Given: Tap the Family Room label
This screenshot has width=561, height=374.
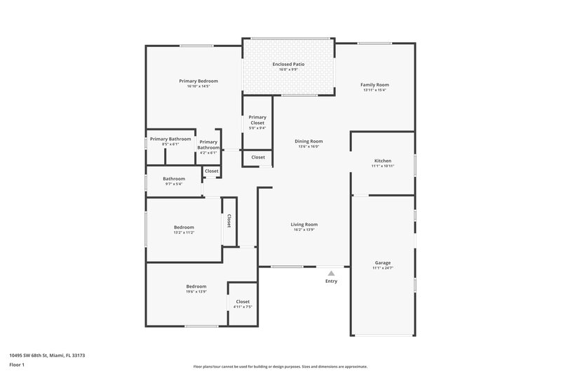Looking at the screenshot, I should (x=376, y=85).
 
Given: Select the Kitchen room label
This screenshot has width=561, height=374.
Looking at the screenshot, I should (x=382, y=161).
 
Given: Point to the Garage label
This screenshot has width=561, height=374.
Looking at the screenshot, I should (x=382, y=263).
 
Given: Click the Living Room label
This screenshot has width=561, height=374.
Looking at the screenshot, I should (x=304, y=225).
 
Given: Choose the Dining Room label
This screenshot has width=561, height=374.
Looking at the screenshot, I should (x=309, y=141).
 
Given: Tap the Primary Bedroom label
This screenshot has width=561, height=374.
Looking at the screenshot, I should (x=198, y=81).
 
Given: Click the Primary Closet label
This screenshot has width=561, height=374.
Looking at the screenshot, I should (x=257, y=120).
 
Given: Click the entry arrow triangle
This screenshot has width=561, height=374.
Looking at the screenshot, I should (x=331, y=272).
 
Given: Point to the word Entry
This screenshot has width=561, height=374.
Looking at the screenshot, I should (x=331, y=281).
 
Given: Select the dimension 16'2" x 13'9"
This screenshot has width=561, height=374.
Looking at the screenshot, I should (x=304, y=230).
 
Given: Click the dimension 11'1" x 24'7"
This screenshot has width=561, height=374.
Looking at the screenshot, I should (x=382, y=269).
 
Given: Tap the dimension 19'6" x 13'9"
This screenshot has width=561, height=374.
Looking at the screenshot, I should (x=196, y=292).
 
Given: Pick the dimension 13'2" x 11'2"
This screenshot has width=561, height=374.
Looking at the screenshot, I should (x=184, y=232).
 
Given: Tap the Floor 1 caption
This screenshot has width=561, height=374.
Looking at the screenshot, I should (x=18, y=366).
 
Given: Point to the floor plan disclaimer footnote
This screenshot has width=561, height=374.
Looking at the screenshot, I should (x=280, y=366).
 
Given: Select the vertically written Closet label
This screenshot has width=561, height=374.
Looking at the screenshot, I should (x=229, y=220).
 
